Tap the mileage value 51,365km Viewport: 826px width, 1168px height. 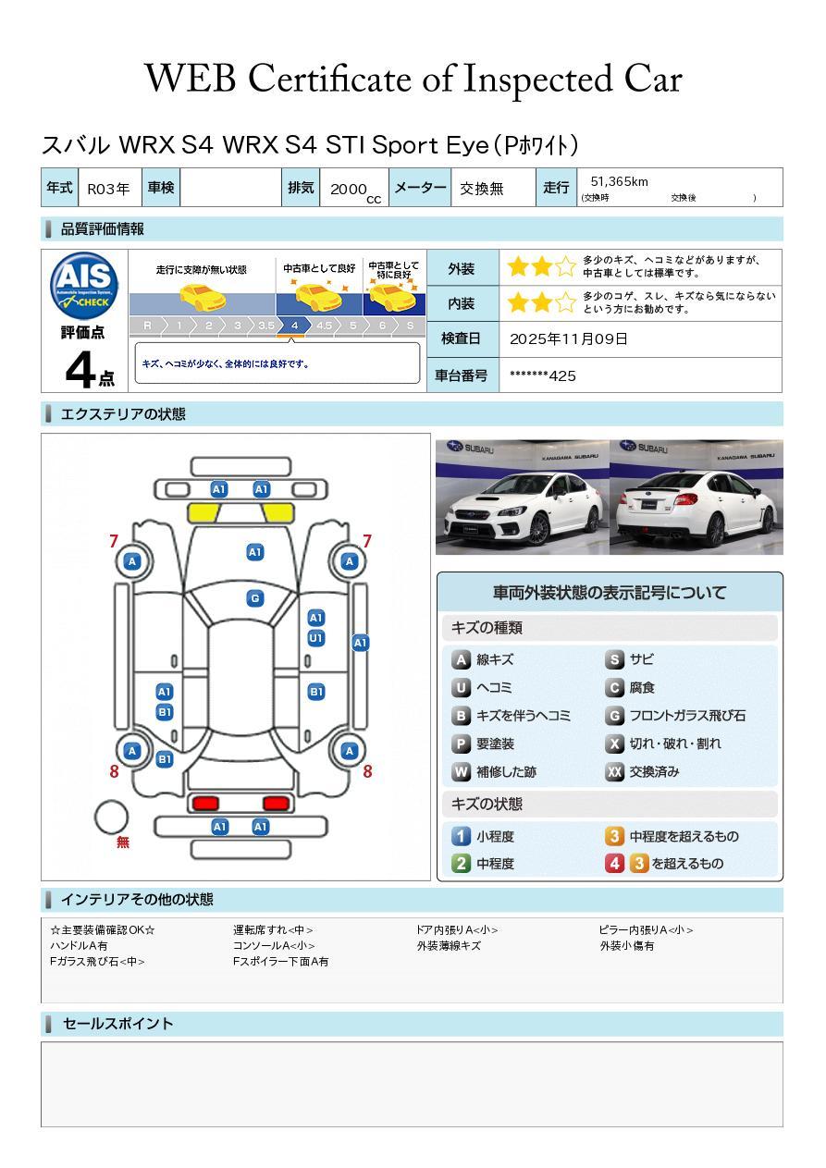[x=619, y=181]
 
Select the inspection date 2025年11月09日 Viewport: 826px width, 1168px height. [x=568, y=339]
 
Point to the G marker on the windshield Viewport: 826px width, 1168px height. [x=255, y=598]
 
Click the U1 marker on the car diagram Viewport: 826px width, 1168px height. [x=315, y=638]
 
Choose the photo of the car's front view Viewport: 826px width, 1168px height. [x=522, y=497]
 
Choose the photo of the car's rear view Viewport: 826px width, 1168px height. [x=697, y=497]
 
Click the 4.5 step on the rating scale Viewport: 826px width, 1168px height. [x=324, y=326]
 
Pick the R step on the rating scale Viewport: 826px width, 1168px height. [x=146, y=326]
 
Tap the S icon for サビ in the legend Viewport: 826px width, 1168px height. [x=614, y=660]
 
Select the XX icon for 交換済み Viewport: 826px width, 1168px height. [x=614, y=772]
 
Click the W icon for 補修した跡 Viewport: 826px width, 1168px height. [x=461, y=772]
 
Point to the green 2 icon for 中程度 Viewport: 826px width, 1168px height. [x=461, y=864]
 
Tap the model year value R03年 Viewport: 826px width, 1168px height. [x=108, y=189]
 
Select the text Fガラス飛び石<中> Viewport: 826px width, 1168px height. [x=97, y=962]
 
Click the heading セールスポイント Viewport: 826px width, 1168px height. [x=117, y=1024]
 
